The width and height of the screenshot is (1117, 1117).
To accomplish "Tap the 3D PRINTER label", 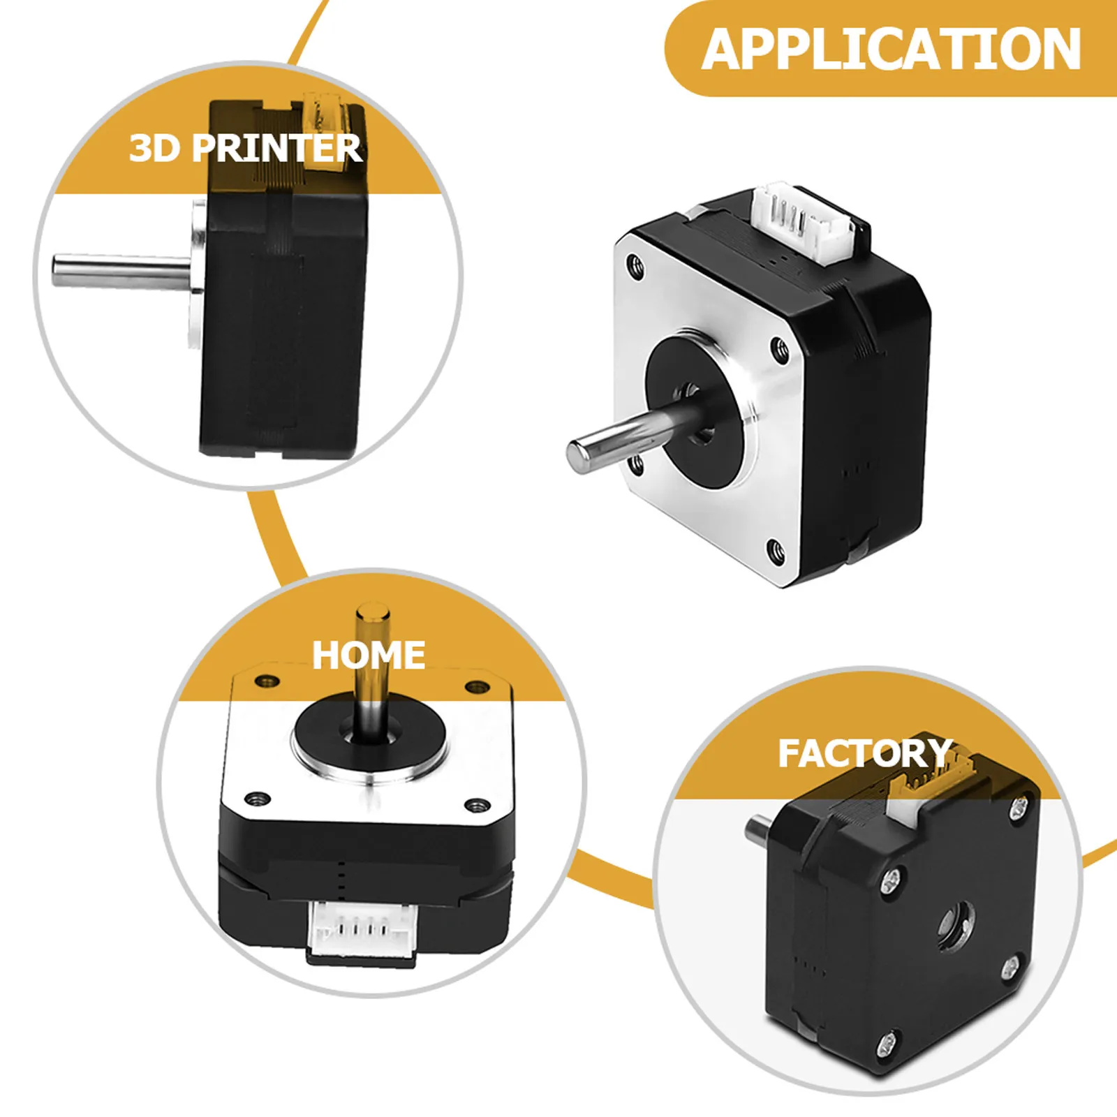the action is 246,148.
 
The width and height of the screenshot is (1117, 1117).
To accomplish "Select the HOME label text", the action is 369,656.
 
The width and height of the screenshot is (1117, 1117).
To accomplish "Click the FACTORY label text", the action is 866,753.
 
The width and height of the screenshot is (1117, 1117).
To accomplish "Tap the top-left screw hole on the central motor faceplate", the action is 635,265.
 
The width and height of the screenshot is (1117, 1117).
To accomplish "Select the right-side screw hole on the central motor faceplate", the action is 778,349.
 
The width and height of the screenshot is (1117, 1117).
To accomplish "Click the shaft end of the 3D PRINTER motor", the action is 58,270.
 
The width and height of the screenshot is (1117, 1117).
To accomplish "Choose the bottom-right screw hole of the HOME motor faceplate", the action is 478,806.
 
